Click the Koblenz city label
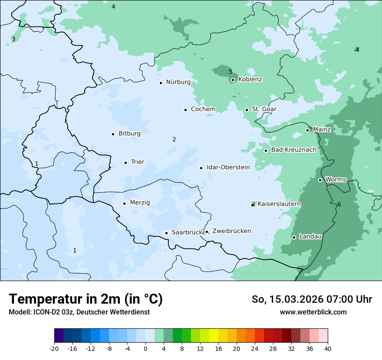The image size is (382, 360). tap(250, 79)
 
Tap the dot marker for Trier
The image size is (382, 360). tap(126, 163)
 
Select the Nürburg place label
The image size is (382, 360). tap(178, 82)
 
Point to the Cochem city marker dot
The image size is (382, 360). tap(185, 110)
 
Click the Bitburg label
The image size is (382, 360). tap(129, 134)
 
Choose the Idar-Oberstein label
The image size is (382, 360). tap(228, 167)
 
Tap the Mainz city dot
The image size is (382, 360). tap(307, 130)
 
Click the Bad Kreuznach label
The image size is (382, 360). tap(293, 150)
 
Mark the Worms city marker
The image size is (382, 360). tap(320, 180)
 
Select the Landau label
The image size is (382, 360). tap(310, 236)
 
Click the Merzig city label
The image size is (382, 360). tap(140, 203)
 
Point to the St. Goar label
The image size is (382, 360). tap(264, 109)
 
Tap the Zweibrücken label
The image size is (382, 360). tap(231, 231)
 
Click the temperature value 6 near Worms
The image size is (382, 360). tap(339, 205)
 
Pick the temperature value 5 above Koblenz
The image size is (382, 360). tap(231, 72)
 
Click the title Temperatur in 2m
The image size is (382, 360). tap(86, 299)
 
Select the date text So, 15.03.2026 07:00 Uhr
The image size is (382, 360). tap(312, 299)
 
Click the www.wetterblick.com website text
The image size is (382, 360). tap(313, 312)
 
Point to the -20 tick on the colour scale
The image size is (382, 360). tap(54, 349)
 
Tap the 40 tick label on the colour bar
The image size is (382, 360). tap(328, 349)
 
